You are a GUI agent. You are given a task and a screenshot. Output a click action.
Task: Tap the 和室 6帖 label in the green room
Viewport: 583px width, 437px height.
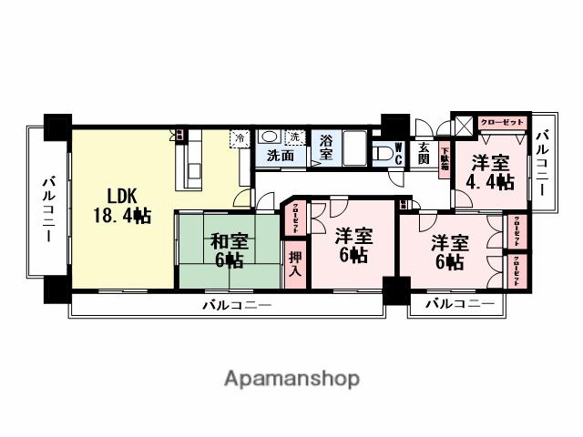[228, 251]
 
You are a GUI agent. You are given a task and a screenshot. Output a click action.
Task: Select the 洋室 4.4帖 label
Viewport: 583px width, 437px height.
[489, 172]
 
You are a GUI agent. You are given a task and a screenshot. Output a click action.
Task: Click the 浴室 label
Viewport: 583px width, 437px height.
[326, 147]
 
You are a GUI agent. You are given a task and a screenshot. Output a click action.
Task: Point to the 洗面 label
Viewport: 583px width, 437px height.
[281, 156]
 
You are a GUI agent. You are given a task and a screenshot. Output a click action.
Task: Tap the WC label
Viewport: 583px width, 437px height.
[398, 154]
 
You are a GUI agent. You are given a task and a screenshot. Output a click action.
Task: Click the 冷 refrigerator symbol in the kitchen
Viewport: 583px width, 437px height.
[240, 138]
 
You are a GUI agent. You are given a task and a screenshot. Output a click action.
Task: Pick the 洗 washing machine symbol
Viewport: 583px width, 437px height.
[293, 137]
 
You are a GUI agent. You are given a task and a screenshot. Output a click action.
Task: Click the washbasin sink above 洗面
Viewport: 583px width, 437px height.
[270, 137]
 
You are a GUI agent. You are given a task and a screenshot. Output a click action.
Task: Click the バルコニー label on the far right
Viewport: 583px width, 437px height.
[543, 165]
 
